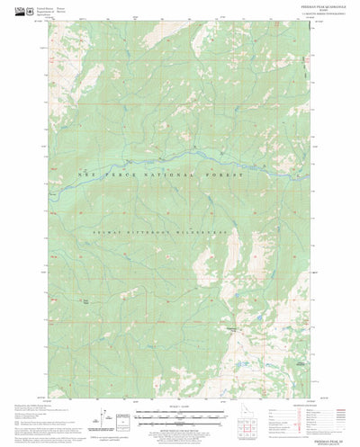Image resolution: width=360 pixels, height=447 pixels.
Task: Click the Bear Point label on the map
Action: click(85, 301)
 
